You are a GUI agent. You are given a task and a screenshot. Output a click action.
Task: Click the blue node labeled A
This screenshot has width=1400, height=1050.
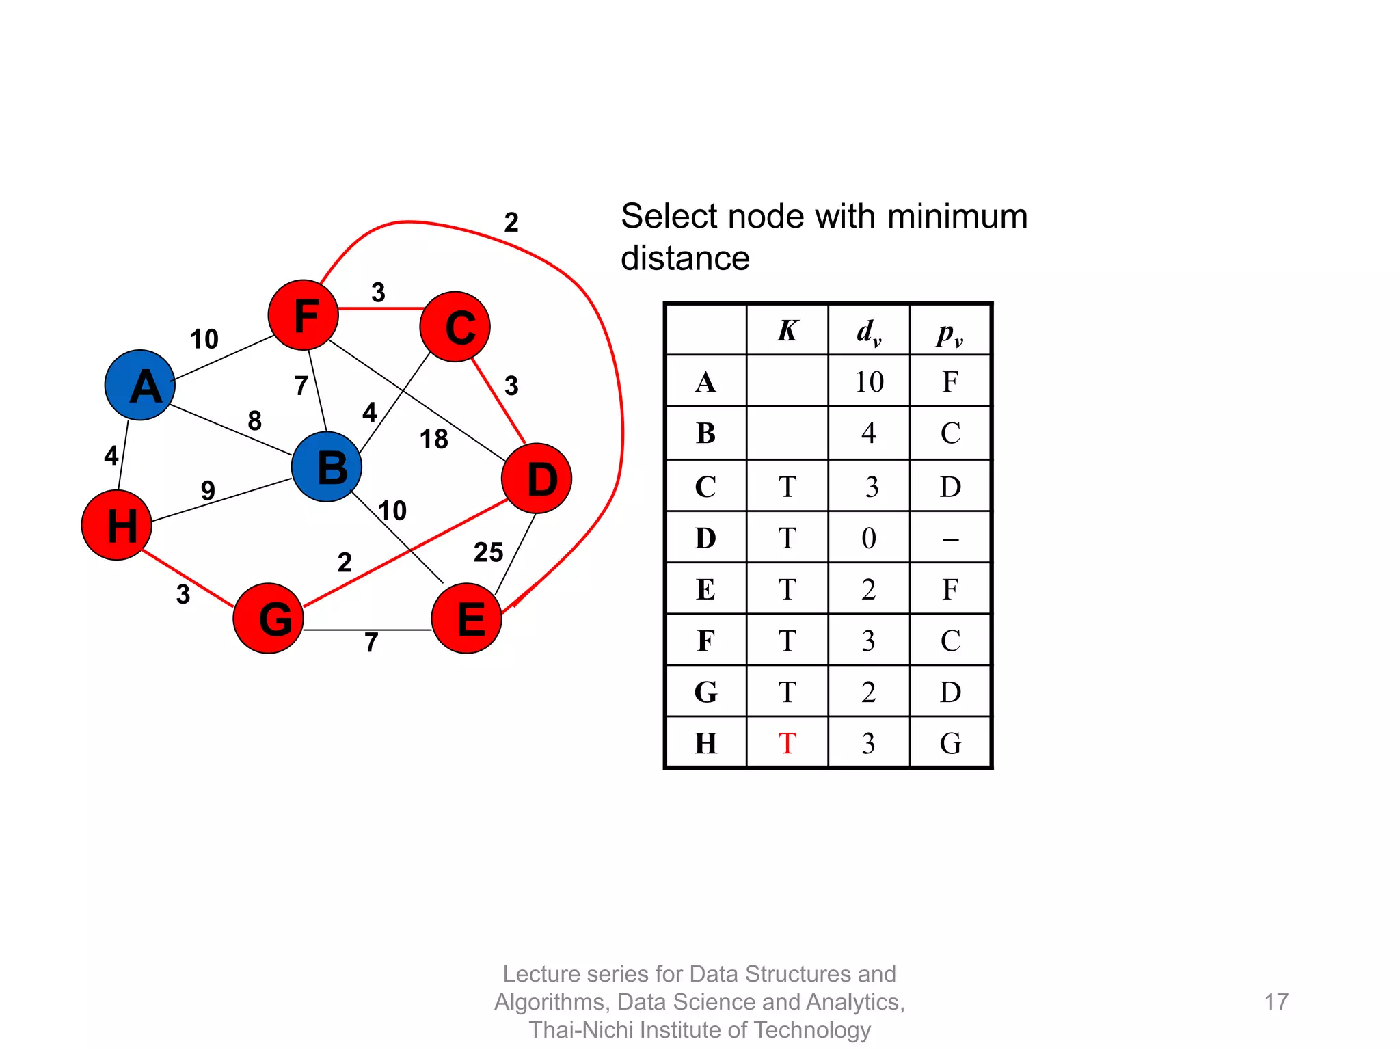click(140, 385)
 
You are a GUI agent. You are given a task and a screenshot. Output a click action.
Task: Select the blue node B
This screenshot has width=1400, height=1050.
click(327, 468)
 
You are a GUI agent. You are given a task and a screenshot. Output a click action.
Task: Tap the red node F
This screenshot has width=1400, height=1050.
click(304, 315)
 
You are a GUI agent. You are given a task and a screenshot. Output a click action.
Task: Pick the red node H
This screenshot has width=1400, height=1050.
click(117, 525)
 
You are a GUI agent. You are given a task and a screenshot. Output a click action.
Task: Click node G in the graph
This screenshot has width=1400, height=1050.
click(269, 618)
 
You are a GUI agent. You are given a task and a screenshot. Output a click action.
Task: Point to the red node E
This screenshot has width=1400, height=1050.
click(467, 618)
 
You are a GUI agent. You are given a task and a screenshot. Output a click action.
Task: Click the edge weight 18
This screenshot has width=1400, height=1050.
click(434, 439)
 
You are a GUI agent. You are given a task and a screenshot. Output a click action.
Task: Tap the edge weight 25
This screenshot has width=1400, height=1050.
click(488, 552)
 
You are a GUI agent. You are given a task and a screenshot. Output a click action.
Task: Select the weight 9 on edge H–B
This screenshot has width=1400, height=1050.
click(208, 490)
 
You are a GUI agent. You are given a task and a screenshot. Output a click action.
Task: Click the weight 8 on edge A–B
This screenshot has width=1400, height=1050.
click(255, 420)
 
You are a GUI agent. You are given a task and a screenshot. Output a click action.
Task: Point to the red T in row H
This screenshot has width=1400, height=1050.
click(787, 744)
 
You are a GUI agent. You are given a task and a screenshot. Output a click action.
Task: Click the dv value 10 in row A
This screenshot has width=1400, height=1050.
click(869, 381)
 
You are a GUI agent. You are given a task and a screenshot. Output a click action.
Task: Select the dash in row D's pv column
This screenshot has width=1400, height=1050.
click(950, 539)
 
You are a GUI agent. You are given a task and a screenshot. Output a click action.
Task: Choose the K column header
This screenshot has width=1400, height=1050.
click(787, 331)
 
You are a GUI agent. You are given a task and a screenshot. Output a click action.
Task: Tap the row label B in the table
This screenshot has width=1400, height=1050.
click(706, 433)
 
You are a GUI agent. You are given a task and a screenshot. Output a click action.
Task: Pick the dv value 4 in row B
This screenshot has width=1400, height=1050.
click(869, 433)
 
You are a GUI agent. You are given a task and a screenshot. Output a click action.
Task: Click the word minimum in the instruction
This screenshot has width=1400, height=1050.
click(957, 217)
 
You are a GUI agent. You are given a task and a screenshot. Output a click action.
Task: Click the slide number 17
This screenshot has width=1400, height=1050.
click(1276, 1002)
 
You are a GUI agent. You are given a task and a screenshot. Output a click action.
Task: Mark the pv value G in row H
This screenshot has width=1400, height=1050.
click(950, 744)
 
